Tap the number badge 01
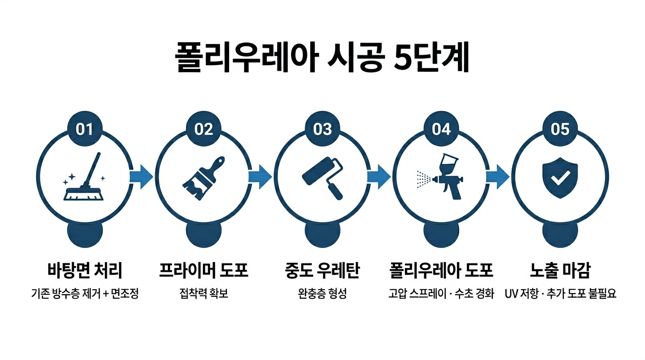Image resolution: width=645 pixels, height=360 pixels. pos(85,129)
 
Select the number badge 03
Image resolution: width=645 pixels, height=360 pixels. pos(322,129)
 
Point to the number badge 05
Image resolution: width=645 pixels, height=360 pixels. pos(560,129)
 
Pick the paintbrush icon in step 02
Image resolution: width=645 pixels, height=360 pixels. pos(203,178)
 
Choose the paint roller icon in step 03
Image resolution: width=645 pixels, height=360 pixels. pos(322,178)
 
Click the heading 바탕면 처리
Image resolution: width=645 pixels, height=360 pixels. pos(85,270)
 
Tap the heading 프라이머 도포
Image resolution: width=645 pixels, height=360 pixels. pos(203,270)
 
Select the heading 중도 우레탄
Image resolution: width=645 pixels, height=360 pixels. pos(322,270)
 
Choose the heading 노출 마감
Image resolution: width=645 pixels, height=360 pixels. pos(560,270)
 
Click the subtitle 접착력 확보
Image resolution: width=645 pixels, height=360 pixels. pos(203,294)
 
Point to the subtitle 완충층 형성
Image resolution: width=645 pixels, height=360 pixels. pos(322,294)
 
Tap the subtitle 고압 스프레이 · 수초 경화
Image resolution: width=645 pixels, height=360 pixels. pos(441,294)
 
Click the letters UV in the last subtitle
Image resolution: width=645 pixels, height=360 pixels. pos(511,294)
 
